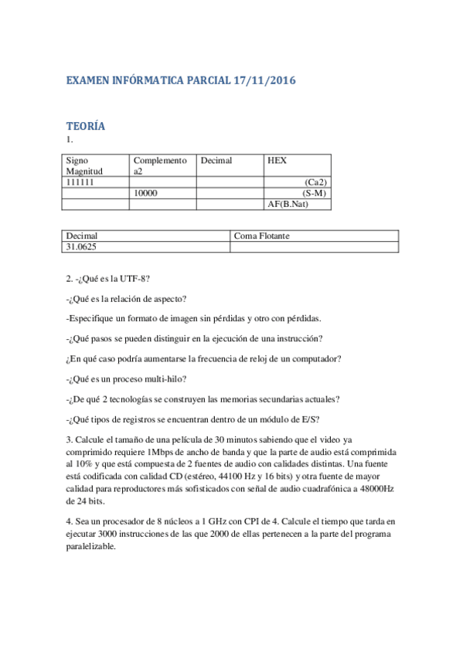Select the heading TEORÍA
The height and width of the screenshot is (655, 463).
point(86,126)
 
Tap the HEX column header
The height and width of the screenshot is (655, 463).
point(277,161)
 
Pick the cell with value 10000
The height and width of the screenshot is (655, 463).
point(147,193)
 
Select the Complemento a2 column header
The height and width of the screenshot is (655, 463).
point(160,165)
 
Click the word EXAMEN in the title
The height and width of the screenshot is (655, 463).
point(90,80)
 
